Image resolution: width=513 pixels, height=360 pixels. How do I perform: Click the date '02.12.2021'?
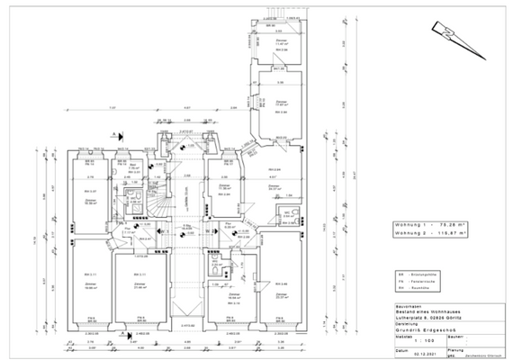click(x=416, y=355)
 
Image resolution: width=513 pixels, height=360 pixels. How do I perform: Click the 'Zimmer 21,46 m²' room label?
click(x=140, y=286)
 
